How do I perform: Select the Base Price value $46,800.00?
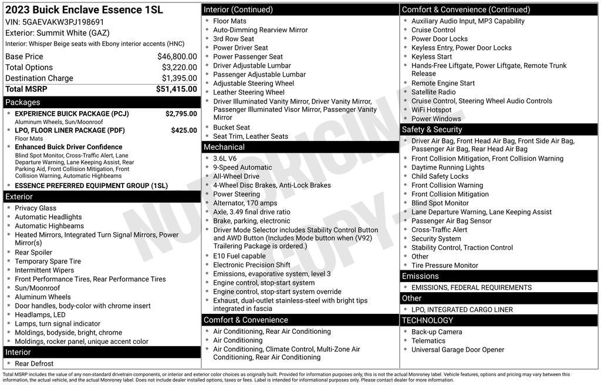tap(177, 56)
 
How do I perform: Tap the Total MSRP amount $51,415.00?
tap(176, 89)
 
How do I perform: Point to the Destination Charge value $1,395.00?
tap(179, 78)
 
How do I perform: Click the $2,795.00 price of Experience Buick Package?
tap(181, 113)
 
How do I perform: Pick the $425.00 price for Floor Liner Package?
tap(184, 130)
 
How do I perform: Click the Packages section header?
tap(23, 102)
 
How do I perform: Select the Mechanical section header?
tap(224, 147)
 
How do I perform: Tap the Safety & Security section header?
tap(432, 129)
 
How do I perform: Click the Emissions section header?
tap(420, 276)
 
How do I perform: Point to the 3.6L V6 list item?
tap(225, 158)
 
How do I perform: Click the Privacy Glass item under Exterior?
tap(36, 208)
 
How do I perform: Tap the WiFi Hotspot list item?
tap(431, 110)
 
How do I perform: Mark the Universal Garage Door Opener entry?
tap(458, 350)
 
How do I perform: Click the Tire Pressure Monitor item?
tap(445, 266)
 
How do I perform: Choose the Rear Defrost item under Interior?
tap(34, 364)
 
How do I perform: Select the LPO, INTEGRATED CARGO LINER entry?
tap(462, 310)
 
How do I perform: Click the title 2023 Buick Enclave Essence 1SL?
tap(84, 10)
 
